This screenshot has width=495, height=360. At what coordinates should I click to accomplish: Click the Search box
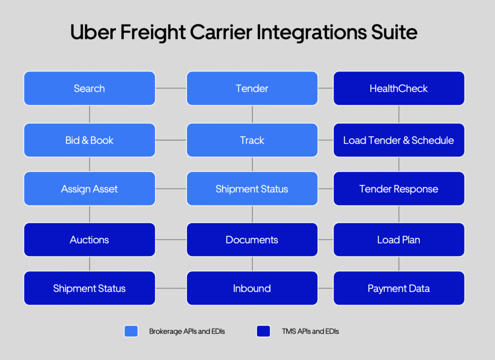click(x=89, y=88)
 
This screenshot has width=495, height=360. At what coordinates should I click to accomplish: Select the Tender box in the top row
click(x=252, y=88)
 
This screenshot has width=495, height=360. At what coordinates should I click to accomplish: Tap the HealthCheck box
click(x=399, y=88)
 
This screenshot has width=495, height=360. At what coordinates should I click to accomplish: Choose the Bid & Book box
click(x=89, y=140)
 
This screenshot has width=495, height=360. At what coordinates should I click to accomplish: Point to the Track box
click(x=252, y=140)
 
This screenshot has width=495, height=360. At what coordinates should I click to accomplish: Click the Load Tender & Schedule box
click(x=399, y=140)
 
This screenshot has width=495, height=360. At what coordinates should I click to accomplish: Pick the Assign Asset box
click(x=89, y=188)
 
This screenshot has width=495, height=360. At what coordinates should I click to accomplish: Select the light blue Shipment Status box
click(x=252, y=188)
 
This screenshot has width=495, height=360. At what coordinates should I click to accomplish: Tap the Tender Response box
click(x=399, y=188)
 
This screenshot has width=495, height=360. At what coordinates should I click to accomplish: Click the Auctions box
click(x=89, y=240)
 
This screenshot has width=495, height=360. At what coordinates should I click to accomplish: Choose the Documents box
click(x=252, y=240)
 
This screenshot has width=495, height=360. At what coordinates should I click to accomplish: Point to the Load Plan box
click(x=399, y=240)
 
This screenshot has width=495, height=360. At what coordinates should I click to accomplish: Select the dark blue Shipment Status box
click(x=89, y=288)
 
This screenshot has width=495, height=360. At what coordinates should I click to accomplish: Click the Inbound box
click(x=252, y=288)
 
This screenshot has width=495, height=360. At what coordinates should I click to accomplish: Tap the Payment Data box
click(x=399, y=288)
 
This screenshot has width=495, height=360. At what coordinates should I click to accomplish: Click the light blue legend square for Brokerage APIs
click(x=131, y=331)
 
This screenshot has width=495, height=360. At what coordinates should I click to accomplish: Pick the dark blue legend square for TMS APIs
click(x=263, y=331)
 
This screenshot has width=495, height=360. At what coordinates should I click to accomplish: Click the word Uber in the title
click(x=93, y=32)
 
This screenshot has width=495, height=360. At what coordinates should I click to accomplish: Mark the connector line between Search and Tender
click(x=171, y=88)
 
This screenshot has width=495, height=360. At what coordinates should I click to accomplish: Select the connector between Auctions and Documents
click(x=171, y=240)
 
